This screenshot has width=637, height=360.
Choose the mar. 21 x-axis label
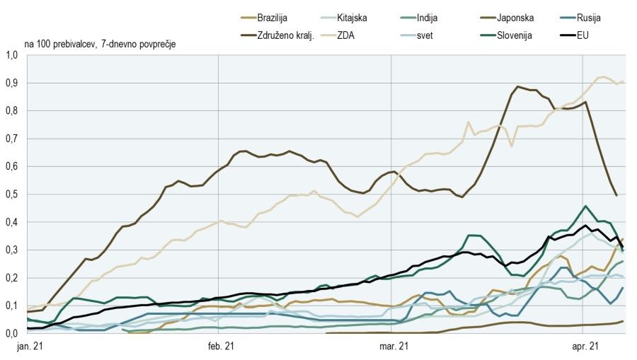(391, 347)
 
